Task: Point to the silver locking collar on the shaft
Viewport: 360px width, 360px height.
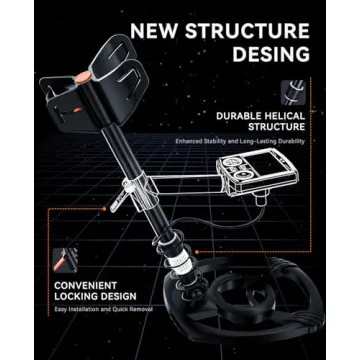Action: [183, 263]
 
